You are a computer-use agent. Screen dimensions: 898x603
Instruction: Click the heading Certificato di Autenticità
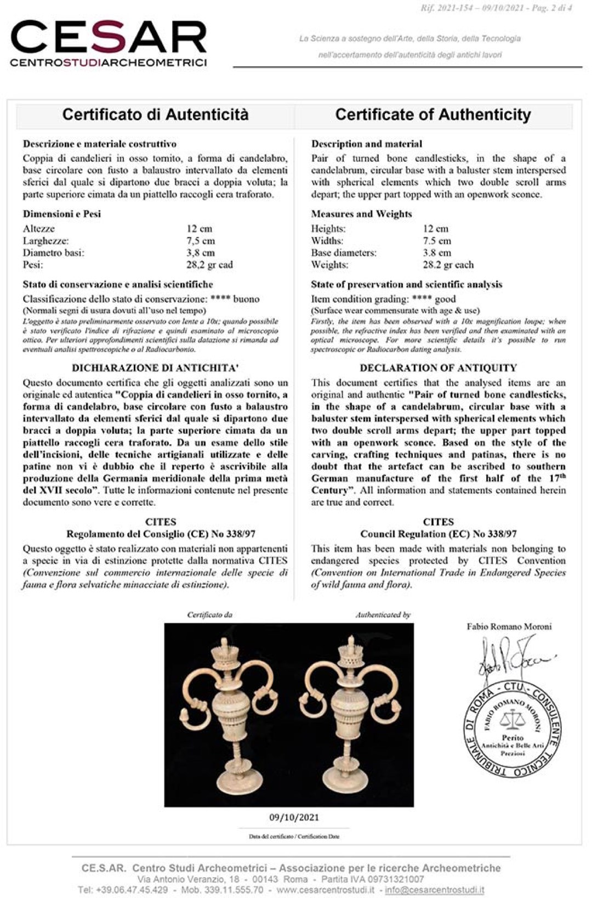[155, 115]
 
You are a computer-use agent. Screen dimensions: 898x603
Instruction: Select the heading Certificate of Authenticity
[433, 115]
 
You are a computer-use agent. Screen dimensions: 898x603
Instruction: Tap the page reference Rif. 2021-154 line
[496, 8]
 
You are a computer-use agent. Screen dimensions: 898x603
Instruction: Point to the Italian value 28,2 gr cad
[209, 265]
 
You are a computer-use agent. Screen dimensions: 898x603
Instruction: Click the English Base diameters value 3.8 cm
[437, 253]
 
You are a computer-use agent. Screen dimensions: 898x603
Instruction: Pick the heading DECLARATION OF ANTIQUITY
[438, 368]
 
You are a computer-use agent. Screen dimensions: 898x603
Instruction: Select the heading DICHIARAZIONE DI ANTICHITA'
[155, 368]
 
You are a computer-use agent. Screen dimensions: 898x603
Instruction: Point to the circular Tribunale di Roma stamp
[513, 730]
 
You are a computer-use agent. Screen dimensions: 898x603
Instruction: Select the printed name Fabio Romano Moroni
[509, 626]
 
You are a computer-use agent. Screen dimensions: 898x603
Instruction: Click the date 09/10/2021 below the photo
[294, 817]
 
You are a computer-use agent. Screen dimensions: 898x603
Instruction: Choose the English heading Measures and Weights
[361, 214]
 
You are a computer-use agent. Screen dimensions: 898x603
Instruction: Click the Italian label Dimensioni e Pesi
[61, 214]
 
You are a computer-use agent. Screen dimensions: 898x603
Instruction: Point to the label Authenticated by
[383, 615]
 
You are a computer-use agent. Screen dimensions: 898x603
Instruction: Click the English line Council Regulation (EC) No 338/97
[438, 534]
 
